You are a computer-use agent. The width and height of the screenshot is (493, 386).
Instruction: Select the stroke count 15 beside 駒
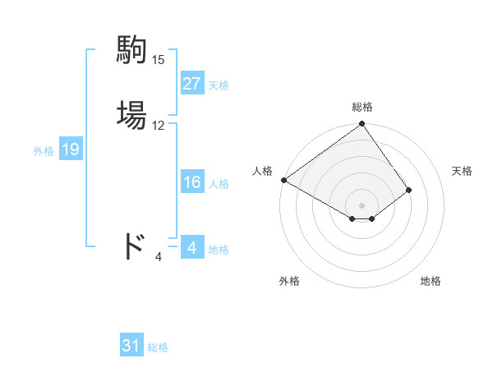click(x=158, y=59)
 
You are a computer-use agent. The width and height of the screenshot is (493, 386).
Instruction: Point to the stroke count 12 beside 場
click(x=158, y=126)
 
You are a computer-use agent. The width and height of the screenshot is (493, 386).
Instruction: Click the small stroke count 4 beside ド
click(x=158, y=257)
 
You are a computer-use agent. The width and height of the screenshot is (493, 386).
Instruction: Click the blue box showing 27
click(x=191, y=84)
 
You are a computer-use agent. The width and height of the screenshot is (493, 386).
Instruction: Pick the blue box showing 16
click(x=191, y=182)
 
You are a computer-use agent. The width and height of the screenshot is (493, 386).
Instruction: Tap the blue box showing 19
click(x=70, y=149)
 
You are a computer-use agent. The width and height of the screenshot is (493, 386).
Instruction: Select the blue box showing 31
click(x=131, y=346)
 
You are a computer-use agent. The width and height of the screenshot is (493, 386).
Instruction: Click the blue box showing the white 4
click(x=191, y=247)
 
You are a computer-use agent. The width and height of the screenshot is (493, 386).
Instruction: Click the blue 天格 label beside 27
click(x=219, y=85)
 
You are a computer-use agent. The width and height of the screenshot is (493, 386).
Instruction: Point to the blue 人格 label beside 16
click(x=219, y=184)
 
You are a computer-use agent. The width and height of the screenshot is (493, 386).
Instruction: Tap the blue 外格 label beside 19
click(x=44, y=151)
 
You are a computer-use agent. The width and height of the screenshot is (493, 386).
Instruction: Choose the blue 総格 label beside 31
click(x=158, y=347)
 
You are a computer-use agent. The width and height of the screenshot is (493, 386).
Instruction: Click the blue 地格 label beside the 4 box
click(x=219, y=250)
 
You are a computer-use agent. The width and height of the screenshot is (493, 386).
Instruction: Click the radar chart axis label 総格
click(x=362, y=107)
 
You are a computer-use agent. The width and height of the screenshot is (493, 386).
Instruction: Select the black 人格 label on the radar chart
click(x=263, y=171)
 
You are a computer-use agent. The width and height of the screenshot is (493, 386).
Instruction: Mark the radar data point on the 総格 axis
click(x=362, y=125)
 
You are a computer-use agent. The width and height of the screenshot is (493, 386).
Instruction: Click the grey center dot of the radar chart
click(x=362, y=204)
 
